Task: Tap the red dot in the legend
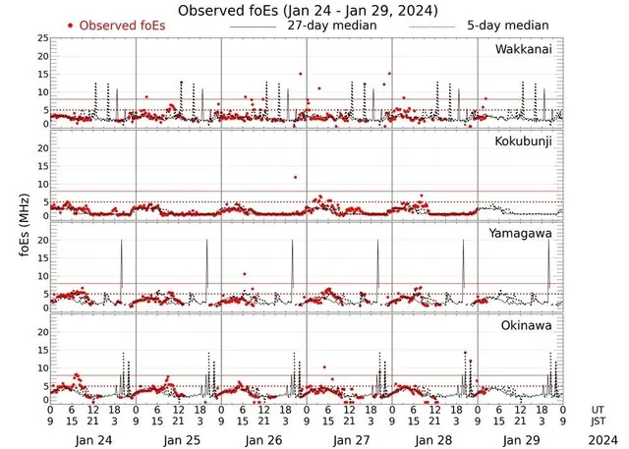click(71, 25)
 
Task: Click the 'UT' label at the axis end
click(598, 409)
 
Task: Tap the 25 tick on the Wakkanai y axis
click(42, 38)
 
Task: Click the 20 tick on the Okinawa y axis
click(42, 331)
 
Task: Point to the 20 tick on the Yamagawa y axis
click(42, 241)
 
